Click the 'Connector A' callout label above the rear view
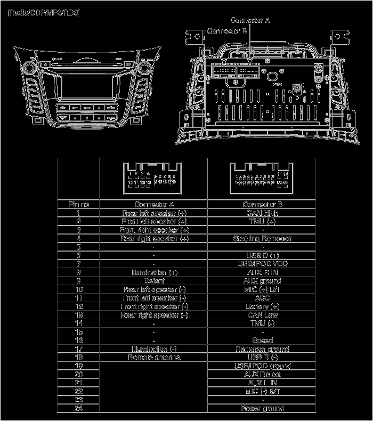250,20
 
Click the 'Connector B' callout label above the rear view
226,31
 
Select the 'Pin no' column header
78,204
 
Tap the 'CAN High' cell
262,213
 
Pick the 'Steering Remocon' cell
262,238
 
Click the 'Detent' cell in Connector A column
154,280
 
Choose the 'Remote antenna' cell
154,357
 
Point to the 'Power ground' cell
262,408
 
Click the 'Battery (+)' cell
262,306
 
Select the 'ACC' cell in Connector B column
262,298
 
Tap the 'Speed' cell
262,340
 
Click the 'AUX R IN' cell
262,272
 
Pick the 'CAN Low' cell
262,315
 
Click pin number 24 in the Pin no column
78,408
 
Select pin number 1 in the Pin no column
78,213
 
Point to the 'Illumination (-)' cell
154,349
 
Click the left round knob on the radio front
28,68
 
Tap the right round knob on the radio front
144,68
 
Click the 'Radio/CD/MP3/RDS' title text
44,12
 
